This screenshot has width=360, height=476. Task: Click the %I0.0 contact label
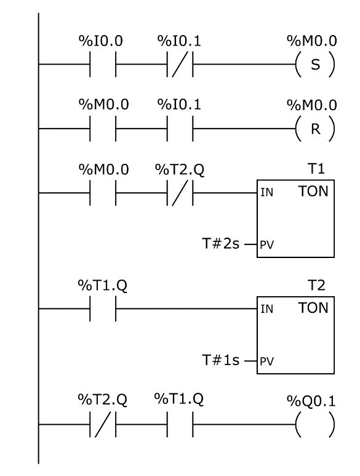[101, 41]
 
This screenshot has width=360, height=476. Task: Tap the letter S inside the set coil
[316, 65]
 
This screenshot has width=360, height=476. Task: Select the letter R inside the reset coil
[316, 129]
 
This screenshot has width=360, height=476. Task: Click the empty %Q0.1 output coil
[316, 424]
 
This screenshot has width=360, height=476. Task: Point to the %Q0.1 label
[311, 401]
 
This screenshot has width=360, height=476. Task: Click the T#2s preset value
[220, 243]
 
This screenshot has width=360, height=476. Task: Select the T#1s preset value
[220, 360]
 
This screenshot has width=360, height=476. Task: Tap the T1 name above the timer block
[316, 169]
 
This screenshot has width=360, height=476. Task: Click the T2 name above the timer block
[316, 285]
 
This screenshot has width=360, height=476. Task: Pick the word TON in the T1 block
[313, 192]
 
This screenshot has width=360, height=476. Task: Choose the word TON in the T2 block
[313, 308]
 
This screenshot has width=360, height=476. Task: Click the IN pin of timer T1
[267, 193]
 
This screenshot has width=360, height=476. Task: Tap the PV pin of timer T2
[267, 361]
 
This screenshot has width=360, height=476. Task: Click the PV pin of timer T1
[267, 244]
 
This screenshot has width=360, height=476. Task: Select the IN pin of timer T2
[267, 309]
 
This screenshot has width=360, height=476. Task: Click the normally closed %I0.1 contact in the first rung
[180, 65]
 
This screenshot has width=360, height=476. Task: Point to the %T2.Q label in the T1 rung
[180, 170]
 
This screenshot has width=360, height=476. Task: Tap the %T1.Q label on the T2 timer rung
[103, 285]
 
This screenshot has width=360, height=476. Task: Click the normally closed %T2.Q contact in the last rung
[103, 424]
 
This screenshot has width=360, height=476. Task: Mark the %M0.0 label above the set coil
[312, 41]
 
